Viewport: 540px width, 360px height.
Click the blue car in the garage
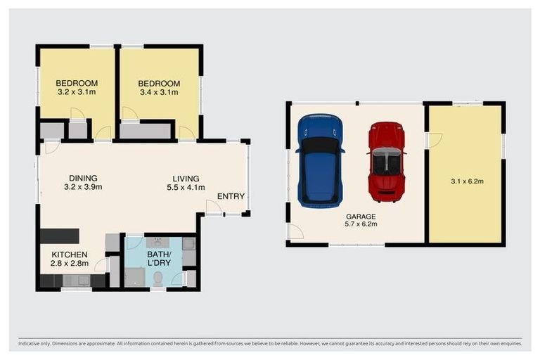pos(321,161)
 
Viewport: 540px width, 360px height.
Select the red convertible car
pos(387,162)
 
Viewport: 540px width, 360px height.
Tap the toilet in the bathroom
pos(158,278)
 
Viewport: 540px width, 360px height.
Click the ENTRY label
pos(231,196)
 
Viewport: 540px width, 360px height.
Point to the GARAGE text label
pos(361,217)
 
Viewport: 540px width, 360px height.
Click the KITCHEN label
pos(69,255)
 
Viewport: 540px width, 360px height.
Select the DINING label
pos(83,178)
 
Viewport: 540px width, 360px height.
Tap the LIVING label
pos(186,179)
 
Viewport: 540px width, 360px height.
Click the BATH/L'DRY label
pos(159,259)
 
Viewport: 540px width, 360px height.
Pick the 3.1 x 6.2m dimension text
pos(467,181)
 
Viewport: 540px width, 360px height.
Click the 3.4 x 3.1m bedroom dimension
pos(159,92)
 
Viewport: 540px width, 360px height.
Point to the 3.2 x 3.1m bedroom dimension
pos(77,92)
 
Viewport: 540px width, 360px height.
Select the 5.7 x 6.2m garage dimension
pos(361,224)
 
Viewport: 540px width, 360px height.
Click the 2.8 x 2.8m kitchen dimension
pos(69,264)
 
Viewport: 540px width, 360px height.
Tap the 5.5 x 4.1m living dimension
pos(186,188)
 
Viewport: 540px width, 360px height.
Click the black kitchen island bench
pos(60,236)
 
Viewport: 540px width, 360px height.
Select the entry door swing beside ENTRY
pos(214,207)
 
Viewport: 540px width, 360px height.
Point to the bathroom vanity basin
pos(158,242)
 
